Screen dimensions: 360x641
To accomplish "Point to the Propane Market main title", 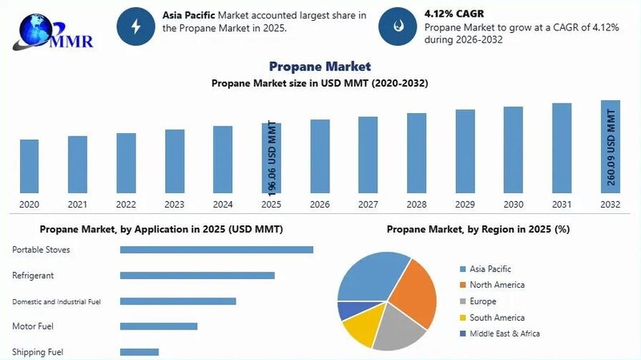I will pyautogui.click(x=320, y=67).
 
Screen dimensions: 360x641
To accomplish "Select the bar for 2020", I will pyautogui.click(x=29, y=166).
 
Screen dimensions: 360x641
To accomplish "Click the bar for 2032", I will pyautogui.click(x=611, y=147).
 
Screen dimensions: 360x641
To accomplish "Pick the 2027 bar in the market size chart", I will pyautogui.click(x=368, y=155).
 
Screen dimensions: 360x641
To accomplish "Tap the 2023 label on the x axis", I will pyautogui.click(x=175, y=204).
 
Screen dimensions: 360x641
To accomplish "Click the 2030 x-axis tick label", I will pyautogui.click(x=514, y=204).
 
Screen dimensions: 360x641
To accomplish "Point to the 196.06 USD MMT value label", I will pyautogui.click(x=272, y=159).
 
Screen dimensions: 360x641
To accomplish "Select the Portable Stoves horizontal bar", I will pyautogui.click(x=216, y=249).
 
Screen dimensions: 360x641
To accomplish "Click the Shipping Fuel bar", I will pyautogui.click(x=139, y=352).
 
